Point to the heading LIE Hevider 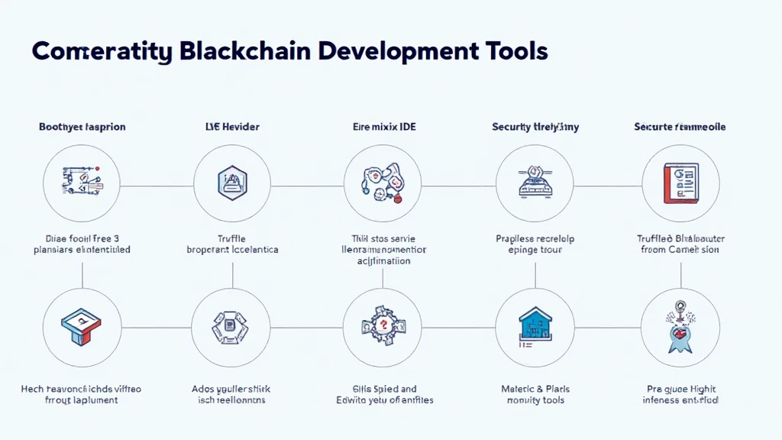coord(231,127)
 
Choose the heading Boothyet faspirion coord(82,127)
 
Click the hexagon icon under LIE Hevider coord(231,183)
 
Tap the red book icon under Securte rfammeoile coord(679,184)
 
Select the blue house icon coord(535,327)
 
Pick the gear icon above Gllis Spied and coord(381,327)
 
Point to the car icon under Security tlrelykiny coord(535,184)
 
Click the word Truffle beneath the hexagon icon coord(232,238)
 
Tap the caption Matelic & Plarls coord(535,389)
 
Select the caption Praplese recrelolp coord(535,238)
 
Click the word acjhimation coord(383,260)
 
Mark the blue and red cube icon coord(82,327)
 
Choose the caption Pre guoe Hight coord(680,389)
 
